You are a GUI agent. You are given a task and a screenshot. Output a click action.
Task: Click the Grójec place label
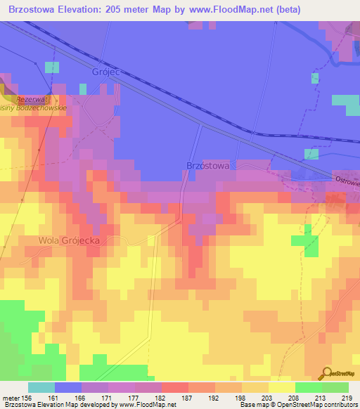[104, 72]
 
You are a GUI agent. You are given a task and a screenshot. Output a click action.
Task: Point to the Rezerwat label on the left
[30, 100]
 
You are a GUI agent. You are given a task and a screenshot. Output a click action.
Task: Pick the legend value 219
[347, 397]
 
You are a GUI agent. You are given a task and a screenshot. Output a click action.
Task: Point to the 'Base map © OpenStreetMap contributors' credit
[298, 405]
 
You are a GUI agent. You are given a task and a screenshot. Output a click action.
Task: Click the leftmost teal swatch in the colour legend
[41, 387]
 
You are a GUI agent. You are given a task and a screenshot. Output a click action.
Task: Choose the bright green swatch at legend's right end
[335, 387]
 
